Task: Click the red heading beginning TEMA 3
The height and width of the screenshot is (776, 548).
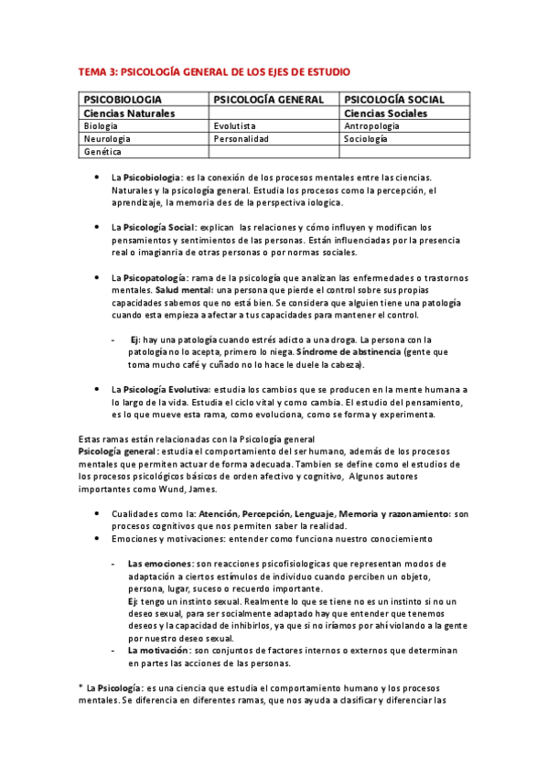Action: pyautogui.click(x=213, y=70)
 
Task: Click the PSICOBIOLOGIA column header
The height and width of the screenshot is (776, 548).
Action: pyautogui.click(x=123, y=99)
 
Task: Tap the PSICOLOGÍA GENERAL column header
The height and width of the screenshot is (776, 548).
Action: pyautogui.click(x=269, y=99)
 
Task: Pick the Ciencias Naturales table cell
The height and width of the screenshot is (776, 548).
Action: pyautogui.click(x=129, y=113)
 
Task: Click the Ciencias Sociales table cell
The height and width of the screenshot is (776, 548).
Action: pyautogui.click(x=385, y=113)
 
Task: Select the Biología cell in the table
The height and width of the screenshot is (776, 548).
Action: pyautogui.click(x=100, y=126)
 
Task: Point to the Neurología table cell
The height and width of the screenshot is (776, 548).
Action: pyautogui.click(x=106, y=139)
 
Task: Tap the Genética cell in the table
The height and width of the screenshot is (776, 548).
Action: pyautogui.click(x=102, y=152)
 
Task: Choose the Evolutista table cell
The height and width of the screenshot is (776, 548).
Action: pyautogui.click(x=235, y=126)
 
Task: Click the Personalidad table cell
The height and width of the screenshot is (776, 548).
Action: pyautogui.click(x=242, y=139)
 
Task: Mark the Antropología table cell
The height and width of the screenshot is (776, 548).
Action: pyautogui.click(x=374, y=126)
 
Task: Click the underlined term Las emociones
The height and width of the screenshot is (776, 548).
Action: pyautogui.click(x=160, y=564)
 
